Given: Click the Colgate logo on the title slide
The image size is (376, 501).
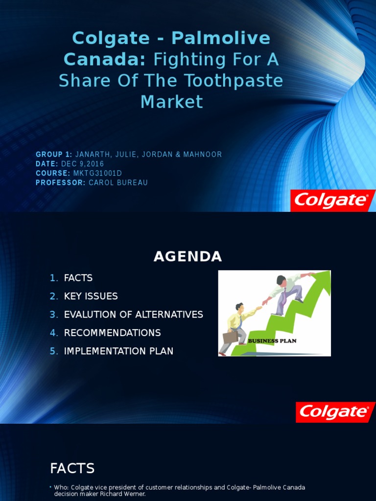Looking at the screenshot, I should (332, 201).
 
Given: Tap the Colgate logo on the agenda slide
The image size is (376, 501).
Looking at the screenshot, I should (335, 412).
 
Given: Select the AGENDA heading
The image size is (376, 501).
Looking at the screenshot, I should (188, 256).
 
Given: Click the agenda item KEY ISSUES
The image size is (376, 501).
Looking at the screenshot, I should (91, 296).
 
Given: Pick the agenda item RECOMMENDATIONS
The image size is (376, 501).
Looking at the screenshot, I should (112, 333).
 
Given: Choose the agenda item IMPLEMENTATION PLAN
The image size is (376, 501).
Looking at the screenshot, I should (118, 351).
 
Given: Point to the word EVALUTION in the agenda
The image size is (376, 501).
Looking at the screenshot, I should (90, 315).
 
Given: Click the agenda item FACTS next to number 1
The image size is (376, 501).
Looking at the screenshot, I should (78, 278).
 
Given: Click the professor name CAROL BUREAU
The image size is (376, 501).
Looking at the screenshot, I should (118, 182).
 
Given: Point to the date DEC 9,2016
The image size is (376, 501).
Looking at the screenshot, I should (82, 164).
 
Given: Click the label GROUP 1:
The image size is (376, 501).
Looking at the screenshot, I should (54, 155).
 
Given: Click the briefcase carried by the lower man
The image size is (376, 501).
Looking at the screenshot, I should (230, 337).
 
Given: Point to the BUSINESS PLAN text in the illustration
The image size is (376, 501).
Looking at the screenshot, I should (272, 341).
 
